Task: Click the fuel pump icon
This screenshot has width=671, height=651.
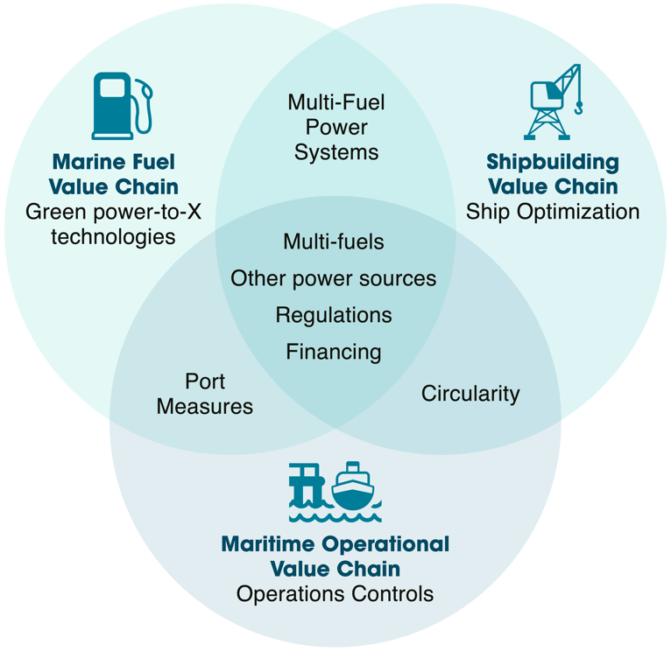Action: (x=122, y=106)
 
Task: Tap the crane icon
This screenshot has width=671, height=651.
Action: (x=554, y=101)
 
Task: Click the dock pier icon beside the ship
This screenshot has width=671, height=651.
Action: (x=305, y=485)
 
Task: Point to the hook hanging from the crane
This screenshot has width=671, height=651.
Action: (x=578, y=108)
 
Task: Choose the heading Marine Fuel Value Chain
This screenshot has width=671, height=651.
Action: (x=113, y=174)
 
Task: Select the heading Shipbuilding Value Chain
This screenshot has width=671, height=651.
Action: (x=553, y=174)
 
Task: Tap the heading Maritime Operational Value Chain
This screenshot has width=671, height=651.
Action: (x=335, y=556)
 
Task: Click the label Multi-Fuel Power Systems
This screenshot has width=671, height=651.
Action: (x=336, y=128)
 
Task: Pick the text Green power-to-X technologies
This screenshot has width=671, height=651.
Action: (x=113, y=224)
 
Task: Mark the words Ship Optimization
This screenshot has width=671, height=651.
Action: (x=553, y=212)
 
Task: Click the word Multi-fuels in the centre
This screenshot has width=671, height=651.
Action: (x=334, y=241)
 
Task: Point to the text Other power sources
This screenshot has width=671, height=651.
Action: (x=334, y=279)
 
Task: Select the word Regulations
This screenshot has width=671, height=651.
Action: (x=334, y=316)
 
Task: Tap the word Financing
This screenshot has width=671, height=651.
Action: (x=334, y=353)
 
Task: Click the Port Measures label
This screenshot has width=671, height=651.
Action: (x=205, y=394)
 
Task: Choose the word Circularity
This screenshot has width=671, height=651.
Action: (x=470, y=394)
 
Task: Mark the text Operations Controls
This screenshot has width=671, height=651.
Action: (x=335, y=594)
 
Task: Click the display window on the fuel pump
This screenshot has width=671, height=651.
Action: (x=112, y=87)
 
